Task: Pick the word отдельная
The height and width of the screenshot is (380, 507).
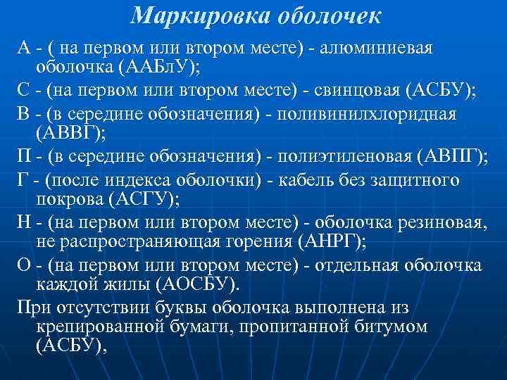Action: (x=363, y=266)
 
